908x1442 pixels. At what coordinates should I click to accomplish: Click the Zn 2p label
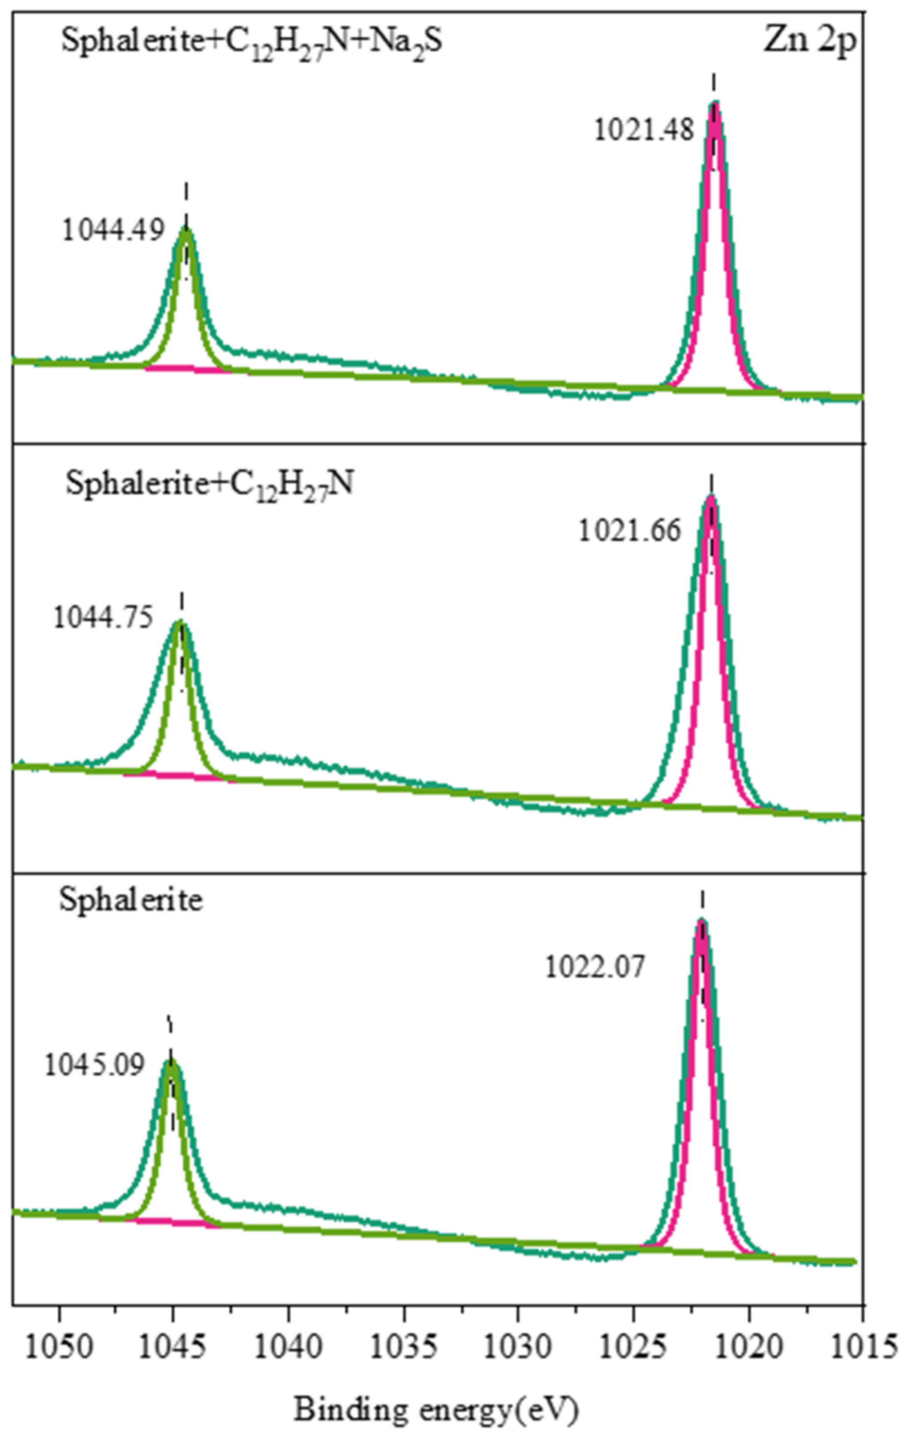[x=810, y=43]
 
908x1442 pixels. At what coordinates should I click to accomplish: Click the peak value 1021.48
[x=644, y=130]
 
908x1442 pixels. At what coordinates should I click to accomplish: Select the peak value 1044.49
[x=113, y=230]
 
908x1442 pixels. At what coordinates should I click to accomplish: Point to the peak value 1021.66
[x=630, y=530]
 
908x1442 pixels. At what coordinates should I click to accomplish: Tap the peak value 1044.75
[x=103, y=618]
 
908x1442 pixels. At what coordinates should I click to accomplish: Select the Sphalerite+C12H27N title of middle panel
[x=209, y=483]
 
